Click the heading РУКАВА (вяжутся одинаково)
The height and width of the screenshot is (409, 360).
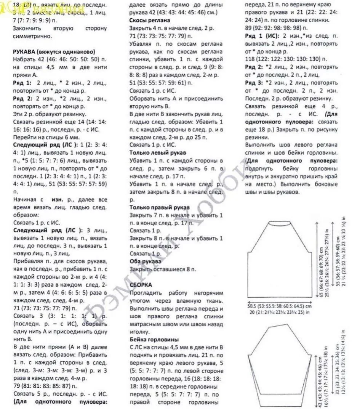tap(54, 52)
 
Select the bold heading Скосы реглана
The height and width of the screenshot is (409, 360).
tap(150, 20)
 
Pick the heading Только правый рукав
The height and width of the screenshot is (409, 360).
tap(160, 207)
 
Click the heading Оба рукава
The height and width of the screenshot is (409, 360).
tap(145, 261)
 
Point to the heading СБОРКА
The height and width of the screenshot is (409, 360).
tap(141, 285)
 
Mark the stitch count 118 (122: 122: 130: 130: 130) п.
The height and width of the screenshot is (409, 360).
tap(286, 59)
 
